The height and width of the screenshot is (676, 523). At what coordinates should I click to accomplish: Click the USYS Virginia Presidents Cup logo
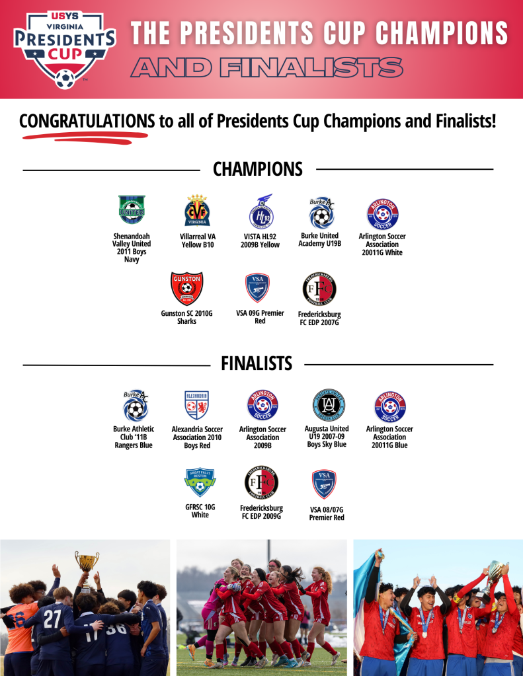(x=65, y=50)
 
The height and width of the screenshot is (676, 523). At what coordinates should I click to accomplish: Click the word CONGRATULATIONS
(x=87, y=121)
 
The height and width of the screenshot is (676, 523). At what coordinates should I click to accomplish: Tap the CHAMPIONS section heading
(x=258, y=169)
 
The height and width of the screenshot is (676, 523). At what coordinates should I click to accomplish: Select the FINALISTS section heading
(x=257, y=363)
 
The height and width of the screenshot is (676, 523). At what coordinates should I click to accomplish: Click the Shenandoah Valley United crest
(x=132, y=209)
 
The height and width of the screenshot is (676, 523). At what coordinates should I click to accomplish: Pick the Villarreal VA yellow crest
(x=197, y=210)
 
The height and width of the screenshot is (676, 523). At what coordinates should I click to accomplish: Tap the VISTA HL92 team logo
(x=262, y=211)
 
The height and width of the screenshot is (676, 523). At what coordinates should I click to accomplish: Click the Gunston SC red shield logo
(x=186, y=288)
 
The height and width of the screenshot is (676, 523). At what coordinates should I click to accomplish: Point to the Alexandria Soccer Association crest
(x=197, y=405)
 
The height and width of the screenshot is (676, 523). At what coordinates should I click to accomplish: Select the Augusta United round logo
(x=329, y=405)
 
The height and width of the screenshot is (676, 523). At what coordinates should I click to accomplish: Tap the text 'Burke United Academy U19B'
(x=320, y=240)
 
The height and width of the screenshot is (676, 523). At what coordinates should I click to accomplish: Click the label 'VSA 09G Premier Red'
(x=260, y=317)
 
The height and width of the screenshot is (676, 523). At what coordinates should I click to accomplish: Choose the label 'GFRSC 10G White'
(x=200, y=511)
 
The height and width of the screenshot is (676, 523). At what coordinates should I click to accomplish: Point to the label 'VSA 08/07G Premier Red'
(x=327, y=513)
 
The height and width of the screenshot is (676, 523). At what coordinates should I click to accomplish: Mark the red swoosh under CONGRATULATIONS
(x=85, y=137)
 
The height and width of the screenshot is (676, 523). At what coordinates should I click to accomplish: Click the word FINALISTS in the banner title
(x=311, y=68)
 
